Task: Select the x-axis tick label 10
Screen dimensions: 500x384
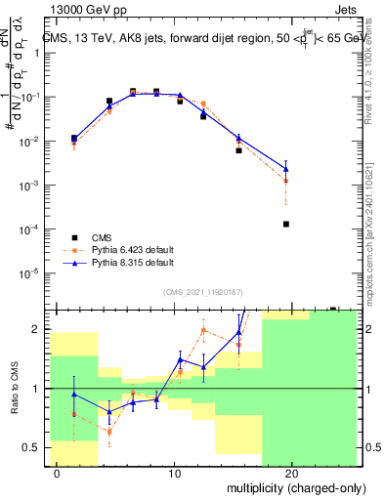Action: [174, 473]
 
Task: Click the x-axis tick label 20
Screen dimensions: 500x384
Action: [292, 473]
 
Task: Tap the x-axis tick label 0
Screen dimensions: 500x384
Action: [57, 473]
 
